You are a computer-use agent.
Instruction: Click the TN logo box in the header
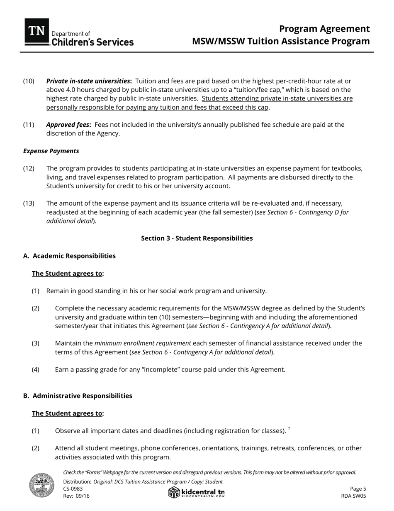[x=36, y=32]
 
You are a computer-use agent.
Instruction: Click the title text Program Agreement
[x=324, y=29]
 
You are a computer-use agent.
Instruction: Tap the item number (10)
[x=29, y=81]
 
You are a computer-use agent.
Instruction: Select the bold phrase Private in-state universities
[x=89, y=81]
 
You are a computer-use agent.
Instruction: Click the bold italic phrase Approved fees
[x=68, y=125]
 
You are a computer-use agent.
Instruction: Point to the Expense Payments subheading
[x=51, y=151]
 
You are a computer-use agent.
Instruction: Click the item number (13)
[x=29, y=203]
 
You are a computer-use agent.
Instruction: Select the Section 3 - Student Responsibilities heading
[x=197, y=238]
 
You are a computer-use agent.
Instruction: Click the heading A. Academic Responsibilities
[x=69, y=255]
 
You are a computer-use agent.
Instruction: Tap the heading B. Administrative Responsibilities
[x=78, y=396]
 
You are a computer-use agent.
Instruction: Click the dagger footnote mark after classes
[x=289, y=429]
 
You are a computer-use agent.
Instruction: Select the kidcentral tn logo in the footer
[x=197, y=493]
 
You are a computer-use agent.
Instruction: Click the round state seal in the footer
[x=41, y=485]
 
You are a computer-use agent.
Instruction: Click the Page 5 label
[x=358, y=489]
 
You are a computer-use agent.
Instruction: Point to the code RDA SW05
[x=353, y=496]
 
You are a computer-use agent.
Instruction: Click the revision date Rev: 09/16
[x=76, y=496]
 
